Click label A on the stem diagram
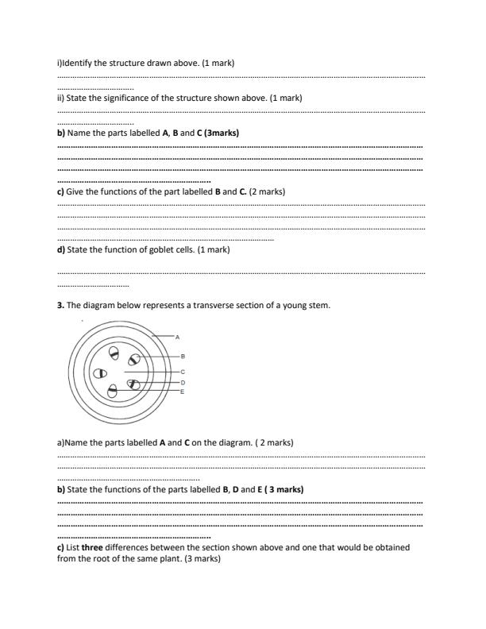177,338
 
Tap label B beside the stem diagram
183,357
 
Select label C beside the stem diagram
183,372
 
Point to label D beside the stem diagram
183,383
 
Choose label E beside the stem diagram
183,392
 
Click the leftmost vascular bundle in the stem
100,372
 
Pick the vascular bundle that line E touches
114,390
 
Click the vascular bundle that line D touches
133,384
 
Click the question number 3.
60,306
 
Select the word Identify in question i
79,63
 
